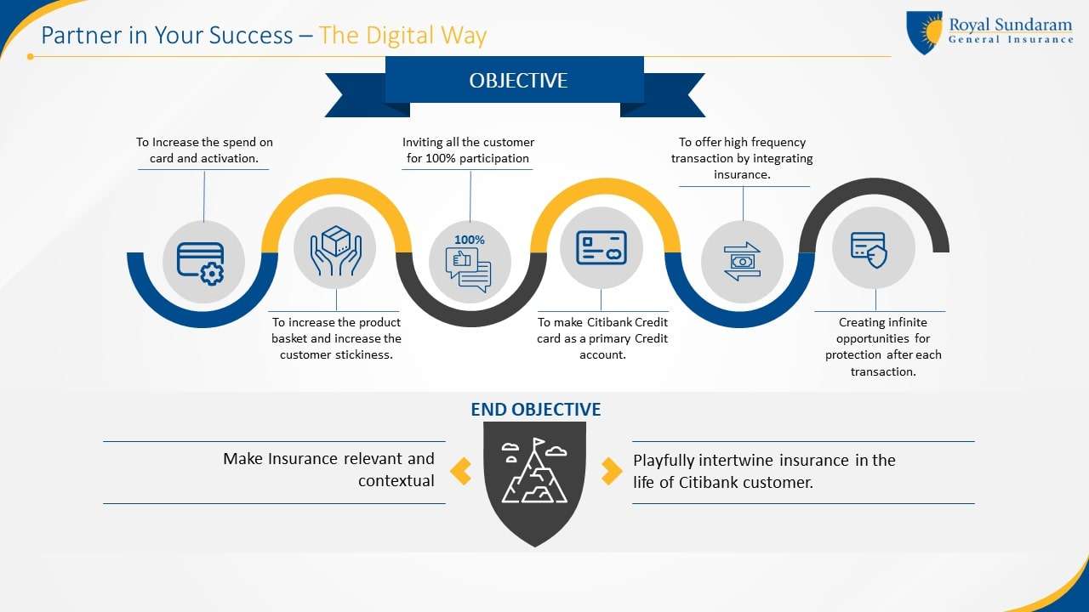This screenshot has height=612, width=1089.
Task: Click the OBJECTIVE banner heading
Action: [x=518, y=81]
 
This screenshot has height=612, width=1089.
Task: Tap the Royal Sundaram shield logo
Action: [x=924, y=32]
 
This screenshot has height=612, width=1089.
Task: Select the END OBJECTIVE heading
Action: [x=535, y=410]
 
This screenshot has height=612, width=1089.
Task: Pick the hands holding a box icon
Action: [x=336, y=251]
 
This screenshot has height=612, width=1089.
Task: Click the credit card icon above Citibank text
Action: [x=601, y=247]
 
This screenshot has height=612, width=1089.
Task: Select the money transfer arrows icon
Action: [x=742, y=261]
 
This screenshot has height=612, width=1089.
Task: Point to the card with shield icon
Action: [x=870, y=250]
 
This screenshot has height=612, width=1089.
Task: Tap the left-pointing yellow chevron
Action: [x=460, y=471]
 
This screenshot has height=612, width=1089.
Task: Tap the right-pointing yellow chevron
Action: [x=610, y=471]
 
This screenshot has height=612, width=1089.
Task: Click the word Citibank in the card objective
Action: [x=615, y=323]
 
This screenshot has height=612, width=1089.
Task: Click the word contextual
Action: [x=396, y=481]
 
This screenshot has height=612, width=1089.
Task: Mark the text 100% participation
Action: [x=479, y=158]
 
